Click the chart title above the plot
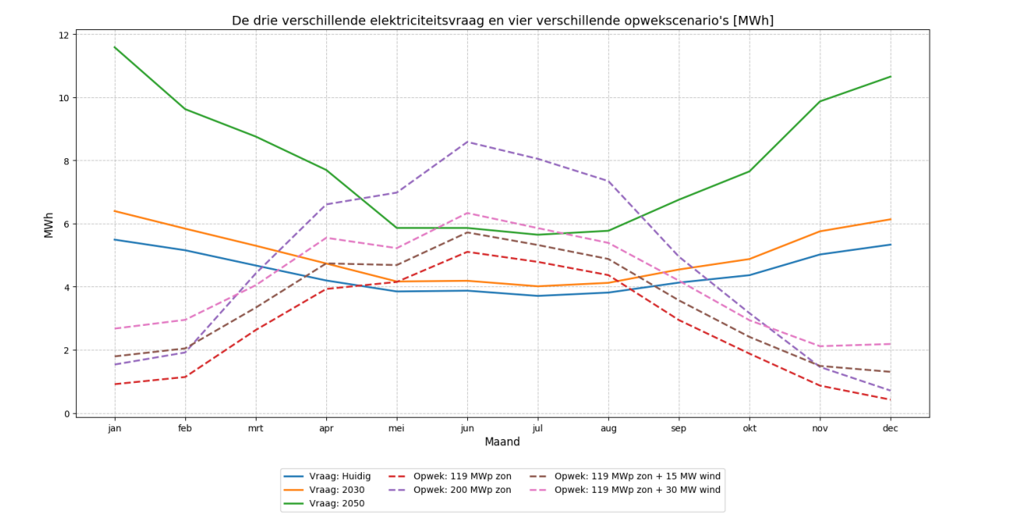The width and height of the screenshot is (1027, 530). [x=502, y=21]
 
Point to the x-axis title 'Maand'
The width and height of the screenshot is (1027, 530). [x=502, y=442]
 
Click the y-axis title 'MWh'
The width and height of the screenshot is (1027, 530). [x=49, y=224]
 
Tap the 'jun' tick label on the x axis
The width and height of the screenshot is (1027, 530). [x=467, y=428]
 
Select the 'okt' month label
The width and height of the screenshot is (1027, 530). [x=749, y=428]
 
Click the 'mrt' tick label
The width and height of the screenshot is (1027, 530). [x=255, y=428]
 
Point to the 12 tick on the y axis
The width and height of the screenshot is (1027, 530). [x=64, y=35]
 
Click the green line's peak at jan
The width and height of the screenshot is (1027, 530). [x=115, y=47]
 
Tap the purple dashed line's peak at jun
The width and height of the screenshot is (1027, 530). [x=467, y=142]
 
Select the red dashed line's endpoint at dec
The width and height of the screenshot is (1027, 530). [x=890, y=399]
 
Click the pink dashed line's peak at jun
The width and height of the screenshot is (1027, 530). [x=467, y=213]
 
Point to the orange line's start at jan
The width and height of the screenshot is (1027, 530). [x=115, y=211]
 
